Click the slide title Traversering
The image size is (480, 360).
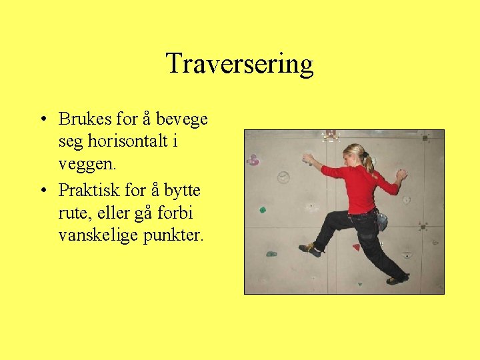[239, 64]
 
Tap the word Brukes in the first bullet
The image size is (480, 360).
[85, 119]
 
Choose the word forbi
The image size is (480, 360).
[176, 213]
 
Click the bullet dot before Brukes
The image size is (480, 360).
[42, 120]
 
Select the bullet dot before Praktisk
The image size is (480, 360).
[42, 190]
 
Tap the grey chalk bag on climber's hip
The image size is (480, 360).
[382, 221]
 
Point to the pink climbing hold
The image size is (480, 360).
[253, 160]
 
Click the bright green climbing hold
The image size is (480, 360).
[263, 210]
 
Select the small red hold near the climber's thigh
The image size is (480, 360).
[356, 247]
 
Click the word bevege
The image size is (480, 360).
[181, 119]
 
